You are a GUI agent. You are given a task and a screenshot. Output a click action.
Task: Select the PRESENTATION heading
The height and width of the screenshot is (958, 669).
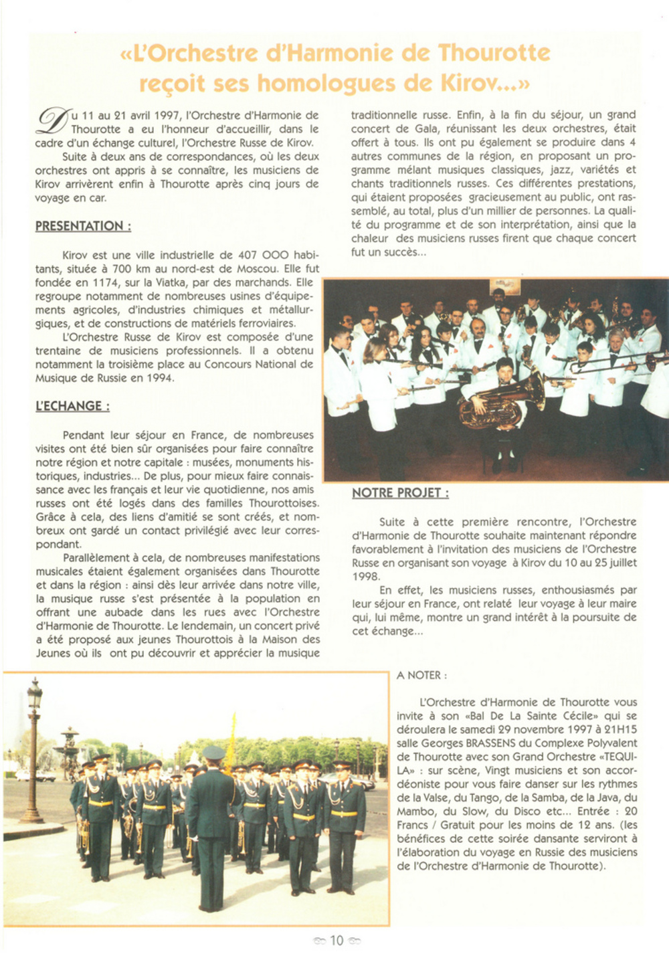[x=83, y=226]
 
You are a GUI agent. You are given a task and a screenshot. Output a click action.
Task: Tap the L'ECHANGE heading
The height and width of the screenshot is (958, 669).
[x=72, y=406]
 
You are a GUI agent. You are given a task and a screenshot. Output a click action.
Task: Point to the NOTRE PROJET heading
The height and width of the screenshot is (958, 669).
[x=400, y=493]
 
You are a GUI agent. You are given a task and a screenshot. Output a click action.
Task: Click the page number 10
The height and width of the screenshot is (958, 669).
[x=337, y=941]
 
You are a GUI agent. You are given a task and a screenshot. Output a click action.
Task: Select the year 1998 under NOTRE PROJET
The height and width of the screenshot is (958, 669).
[x=365, y=577]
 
